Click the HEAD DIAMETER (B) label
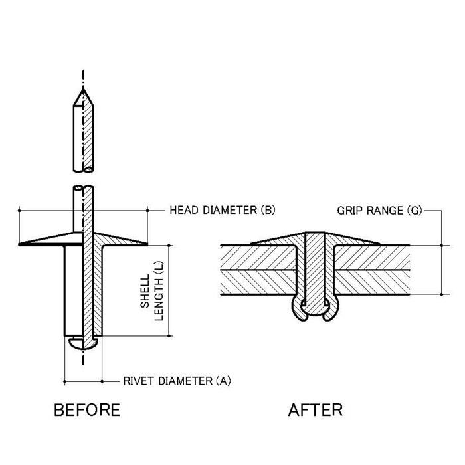coord(222,211)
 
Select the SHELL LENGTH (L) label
coord(151,290)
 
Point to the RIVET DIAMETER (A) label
coord(177,381)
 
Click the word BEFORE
coord(86,409)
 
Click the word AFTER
coord(316,409)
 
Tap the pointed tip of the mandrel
coord(83,90)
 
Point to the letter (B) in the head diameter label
coord(267,211)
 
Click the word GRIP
coord(349,211)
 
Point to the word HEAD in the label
coord(183,211)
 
